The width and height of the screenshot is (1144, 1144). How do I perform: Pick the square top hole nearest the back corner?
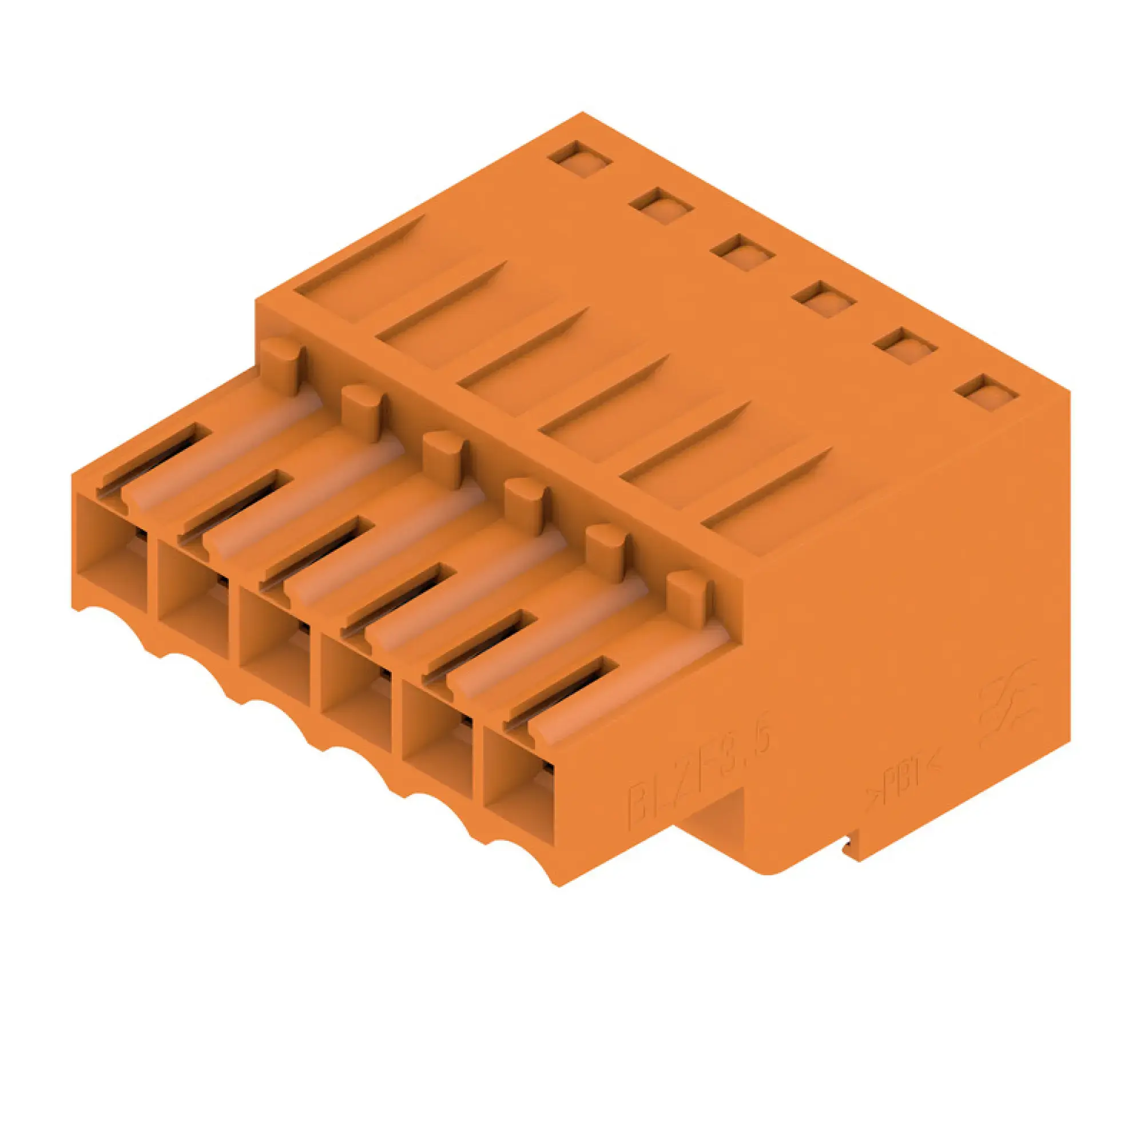[579, 158]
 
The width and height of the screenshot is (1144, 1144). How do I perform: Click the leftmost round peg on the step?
[281, 366]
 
